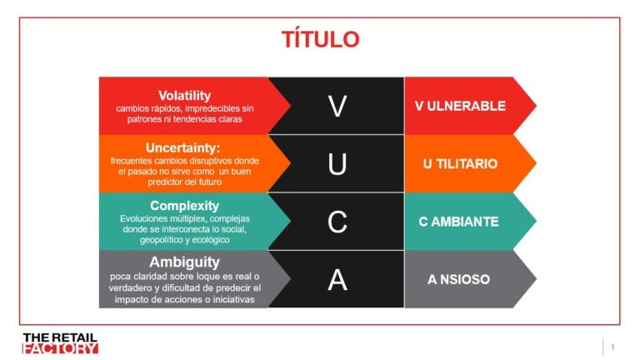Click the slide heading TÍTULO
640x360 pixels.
(x=320, y=39)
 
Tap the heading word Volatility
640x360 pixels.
(x=184, y=96)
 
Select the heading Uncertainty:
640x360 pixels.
(x=182, y=147)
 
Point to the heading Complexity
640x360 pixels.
(x=184, y=205)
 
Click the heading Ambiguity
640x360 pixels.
(x=184, y=262)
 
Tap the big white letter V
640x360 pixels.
(x=337, y=106)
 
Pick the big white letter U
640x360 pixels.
(x=337, y=164)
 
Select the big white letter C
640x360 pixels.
(x=337, y=222)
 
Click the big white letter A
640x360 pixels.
(x=337, y=280)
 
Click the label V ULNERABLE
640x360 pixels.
(x=460, y=106)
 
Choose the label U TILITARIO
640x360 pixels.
(x=460, y=164)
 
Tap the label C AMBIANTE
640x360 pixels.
(x=459, y=222)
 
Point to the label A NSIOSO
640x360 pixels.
(x=459, y=280)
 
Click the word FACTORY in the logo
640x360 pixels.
(x=60, y=348)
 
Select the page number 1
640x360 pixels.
(x=612, y=347)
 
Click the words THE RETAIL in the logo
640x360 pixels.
(x=60, y=337)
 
